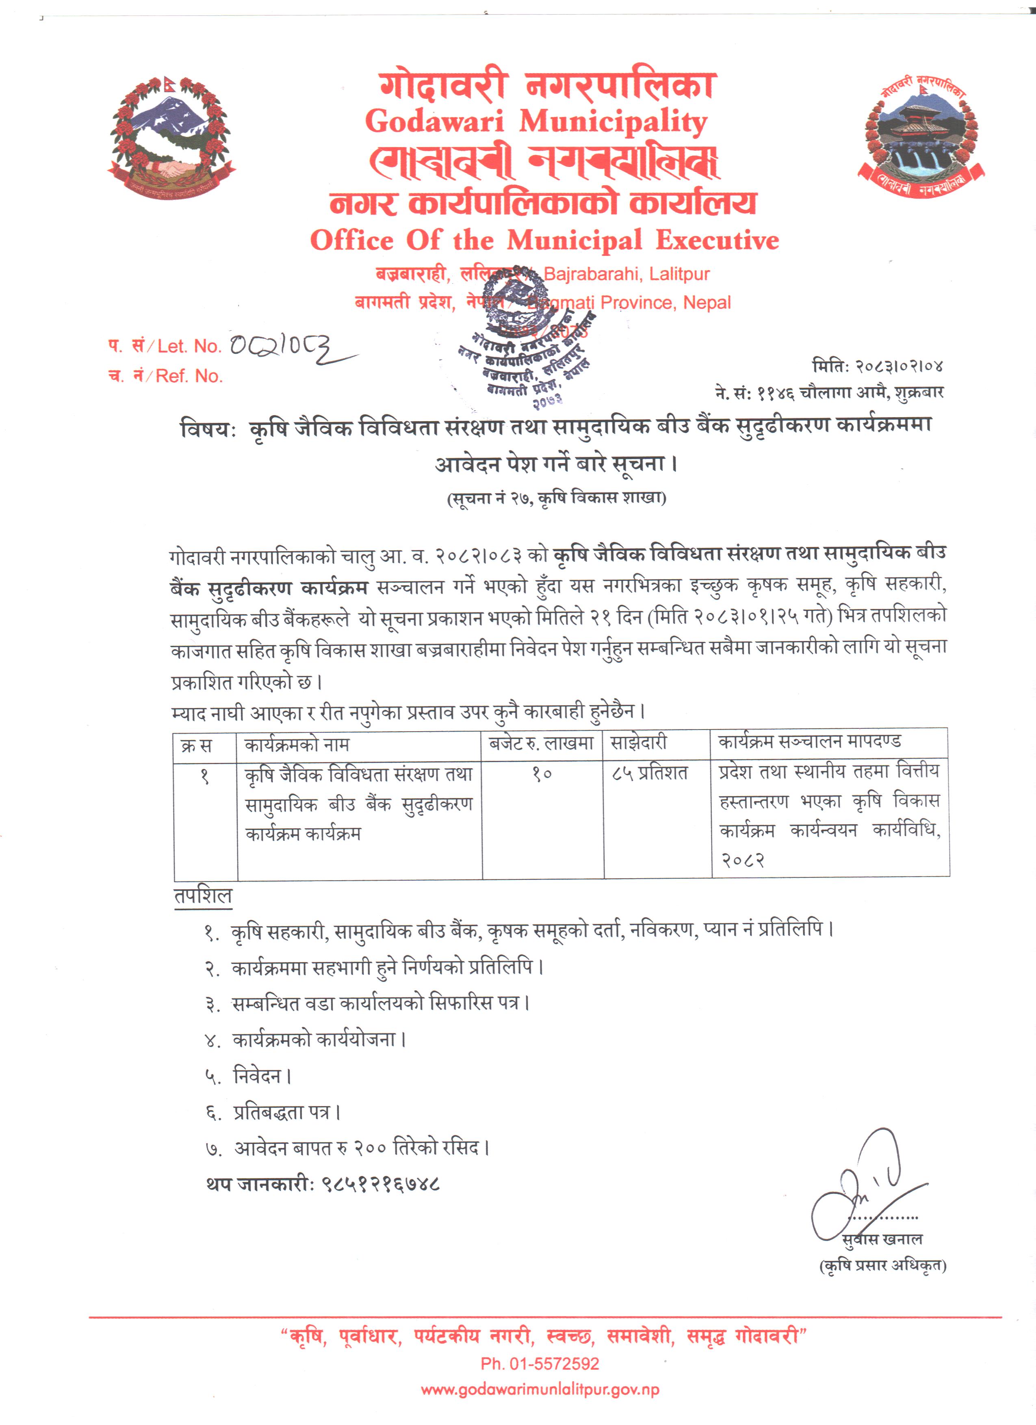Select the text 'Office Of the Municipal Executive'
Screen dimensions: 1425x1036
544,240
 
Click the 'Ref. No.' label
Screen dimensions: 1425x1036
189,376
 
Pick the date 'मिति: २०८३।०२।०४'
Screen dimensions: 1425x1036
877,366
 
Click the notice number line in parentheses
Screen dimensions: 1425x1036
556,498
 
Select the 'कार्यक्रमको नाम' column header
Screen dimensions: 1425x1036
297,745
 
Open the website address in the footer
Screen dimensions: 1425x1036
540,1389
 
